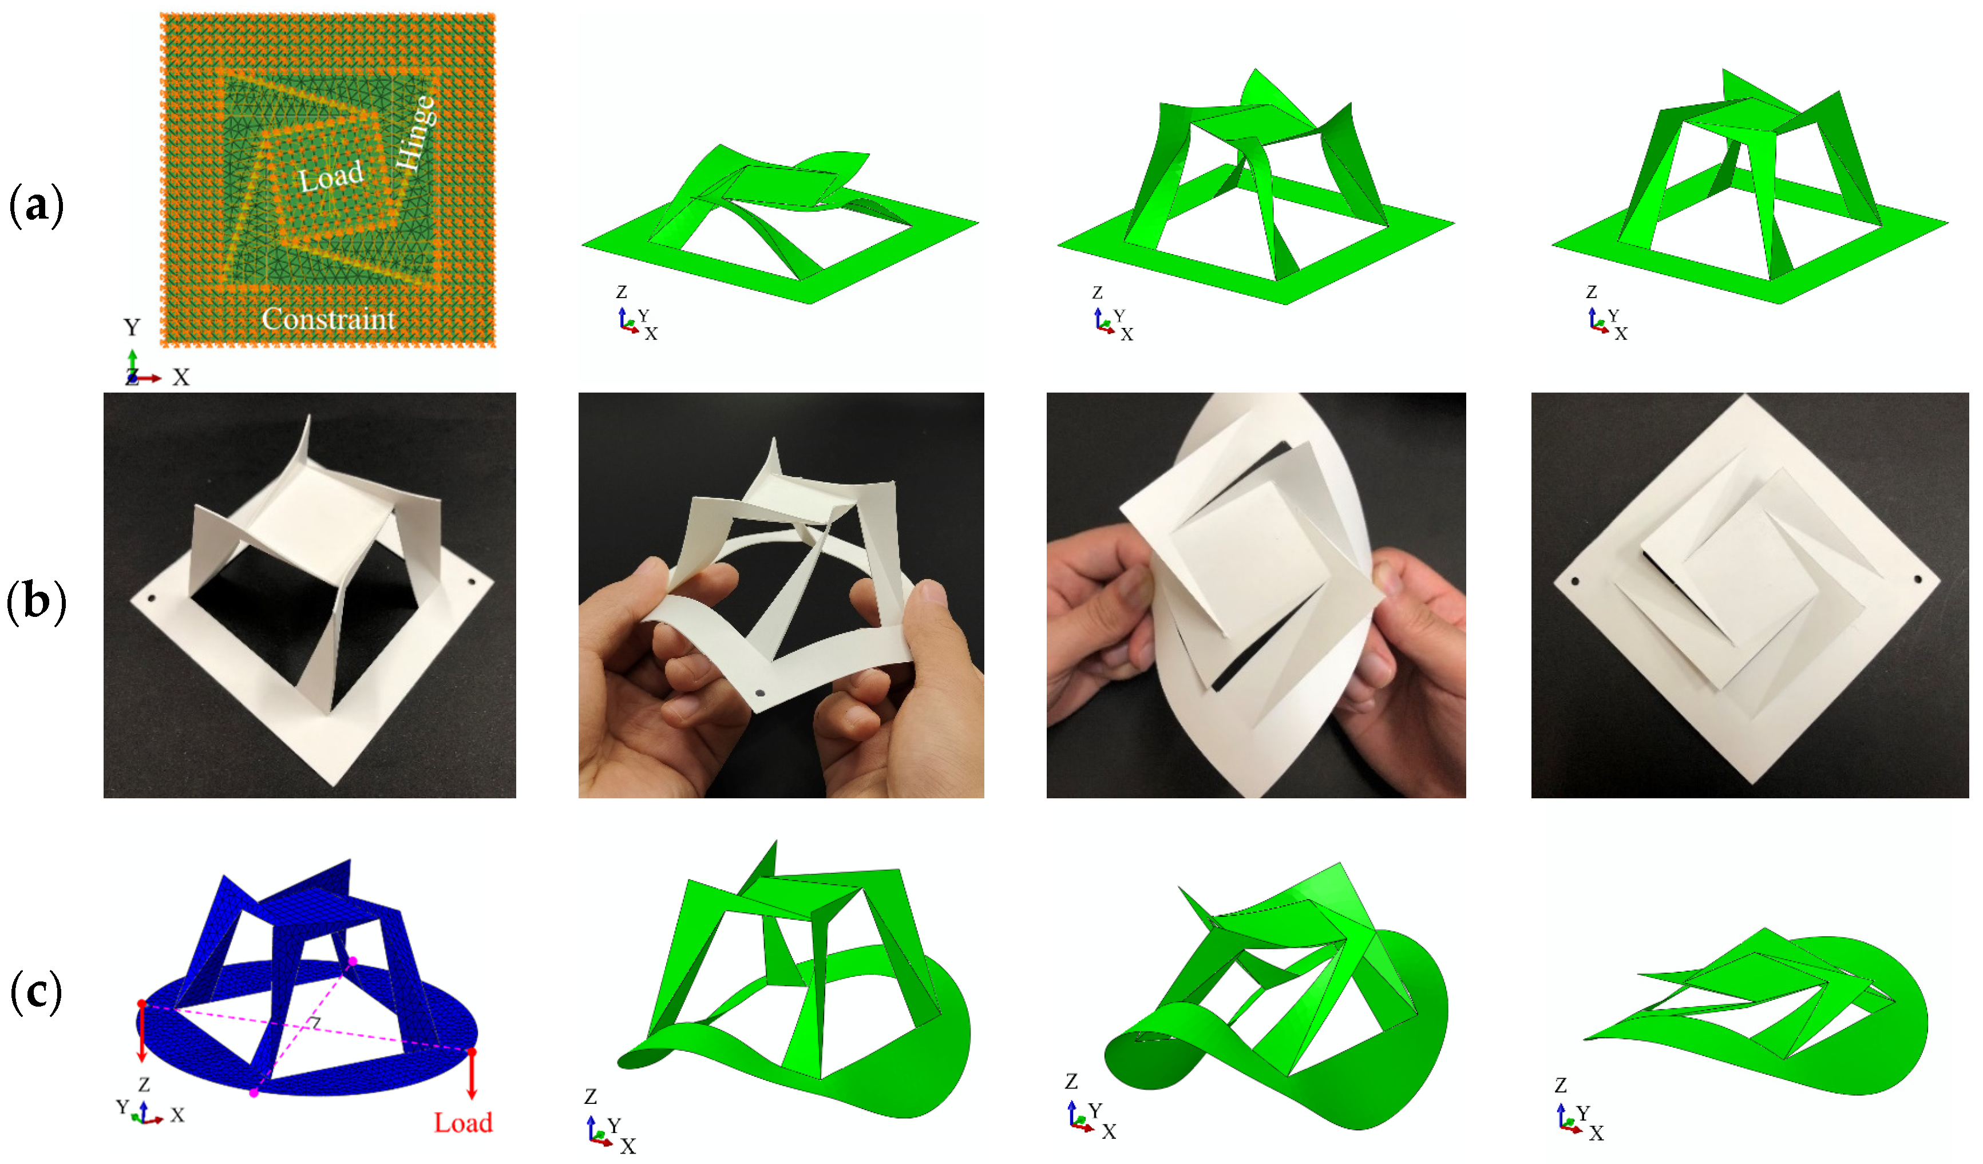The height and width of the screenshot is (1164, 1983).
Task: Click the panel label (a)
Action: click(35, 206)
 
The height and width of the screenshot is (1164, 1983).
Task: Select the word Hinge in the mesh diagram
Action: click(415, 132)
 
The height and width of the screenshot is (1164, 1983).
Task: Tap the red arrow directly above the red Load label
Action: click(472, 1074)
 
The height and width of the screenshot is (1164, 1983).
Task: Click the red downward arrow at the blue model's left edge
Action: click(142, 1032)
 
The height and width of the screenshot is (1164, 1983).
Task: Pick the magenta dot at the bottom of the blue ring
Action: click(254, 1093)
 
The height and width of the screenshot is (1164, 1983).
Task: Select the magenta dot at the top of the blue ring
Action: click(353, 961)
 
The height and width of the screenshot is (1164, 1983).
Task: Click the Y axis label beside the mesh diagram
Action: click(132, 327)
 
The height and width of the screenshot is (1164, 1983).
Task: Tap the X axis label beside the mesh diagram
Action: click(181, 378)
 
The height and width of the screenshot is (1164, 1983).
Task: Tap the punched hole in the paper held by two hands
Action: click(760, 694)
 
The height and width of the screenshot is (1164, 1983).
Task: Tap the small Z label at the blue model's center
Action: click(314, 1022)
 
